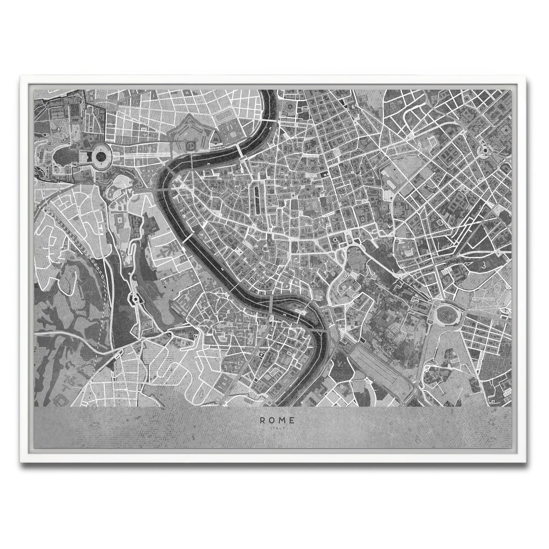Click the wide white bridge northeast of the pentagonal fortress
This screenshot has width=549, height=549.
pos(240,150)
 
